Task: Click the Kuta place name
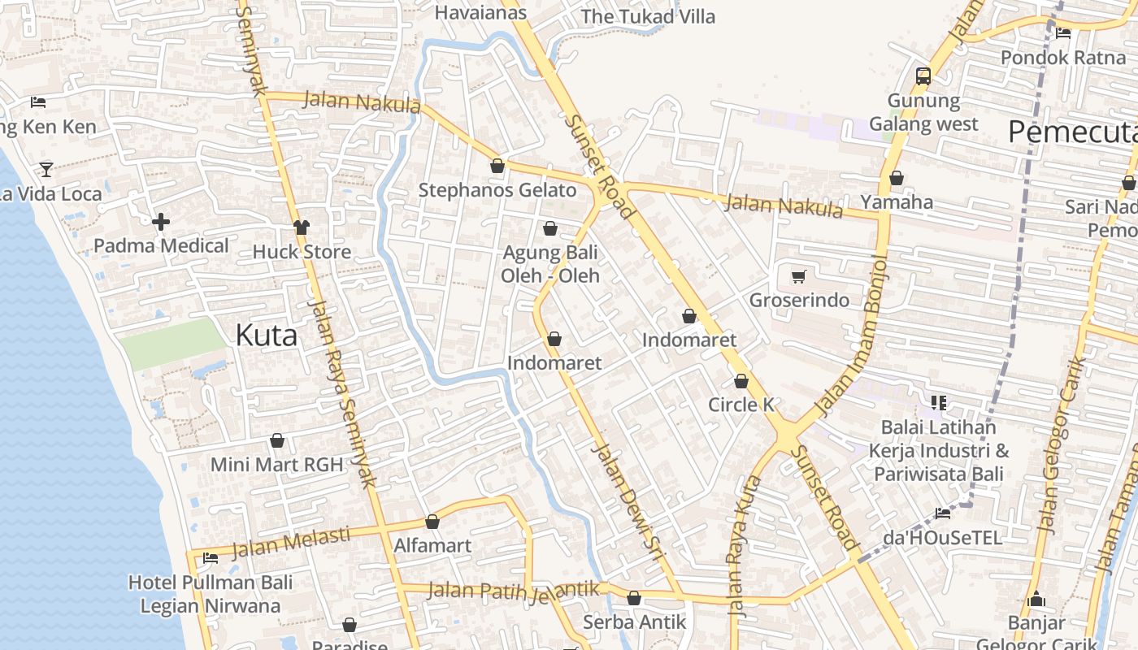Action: click(266, 335)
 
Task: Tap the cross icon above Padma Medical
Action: click(161, 221)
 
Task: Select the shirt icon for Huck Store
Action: click(302, 227)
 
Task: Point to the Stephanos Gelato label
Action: click(497, 190)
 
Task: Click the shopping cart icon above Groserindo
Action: click(798, 277)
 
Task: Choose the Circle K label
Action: click(741, 405)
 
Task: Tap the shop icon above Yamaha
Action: click(897, 178)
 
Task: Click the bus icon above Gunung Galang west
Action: click(923, 76)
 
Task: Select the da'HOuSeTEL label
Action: click(942, 538)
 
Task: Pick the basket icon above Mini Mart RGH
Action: click(277, 440)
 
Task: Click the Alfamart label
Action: click(432, 545)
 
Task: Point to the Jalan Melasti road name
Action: click(291, 543)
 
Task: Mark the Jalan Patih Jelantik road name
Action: click(514, 590)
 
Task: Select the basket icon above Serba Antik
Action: click(634, 599)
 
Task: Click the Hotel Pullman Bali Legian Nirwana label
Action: click(210, 594)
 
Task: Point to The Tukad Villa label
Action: click(648, 16)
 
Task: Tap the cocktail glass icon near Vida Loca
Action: click(46, 169)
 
